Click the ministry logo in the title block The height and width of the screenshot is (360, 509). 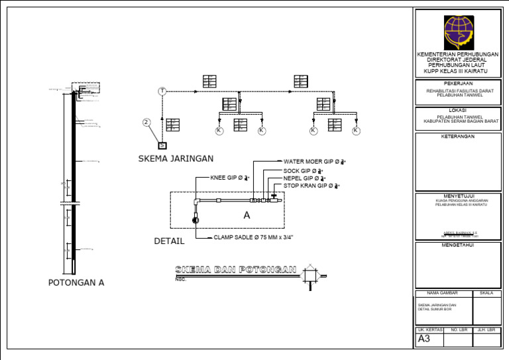459,32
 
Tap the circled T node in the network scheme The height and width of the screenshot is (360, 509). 162,91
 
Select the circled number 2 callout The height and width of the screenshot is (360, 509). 147,122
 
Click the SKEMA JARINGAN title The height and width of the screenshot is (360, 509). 176,158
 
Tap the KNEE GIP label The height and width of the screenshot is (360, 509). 229,178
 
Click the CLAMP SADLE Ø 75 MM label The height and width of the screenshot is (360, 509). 254,237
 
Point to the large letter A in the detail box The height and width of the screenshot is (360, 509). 247,215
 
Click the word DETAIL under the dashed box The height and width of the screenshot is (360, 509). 169,241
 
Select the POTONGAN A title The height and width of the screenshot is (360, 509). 76,282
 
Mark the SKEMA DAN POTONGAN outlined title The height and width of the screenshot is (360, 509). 235,269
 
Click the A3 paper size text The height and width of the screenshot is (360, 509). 425,338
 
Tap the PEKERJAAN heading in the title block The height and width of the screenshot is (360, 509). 458,84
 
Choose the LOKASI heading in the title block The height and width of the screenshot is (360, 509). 458,110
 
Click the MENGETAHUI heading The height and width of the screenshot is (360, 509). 458,245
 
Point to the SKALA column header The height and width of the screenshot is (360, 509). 486,293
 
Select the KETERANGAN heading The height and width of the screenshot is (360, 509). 458,136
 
